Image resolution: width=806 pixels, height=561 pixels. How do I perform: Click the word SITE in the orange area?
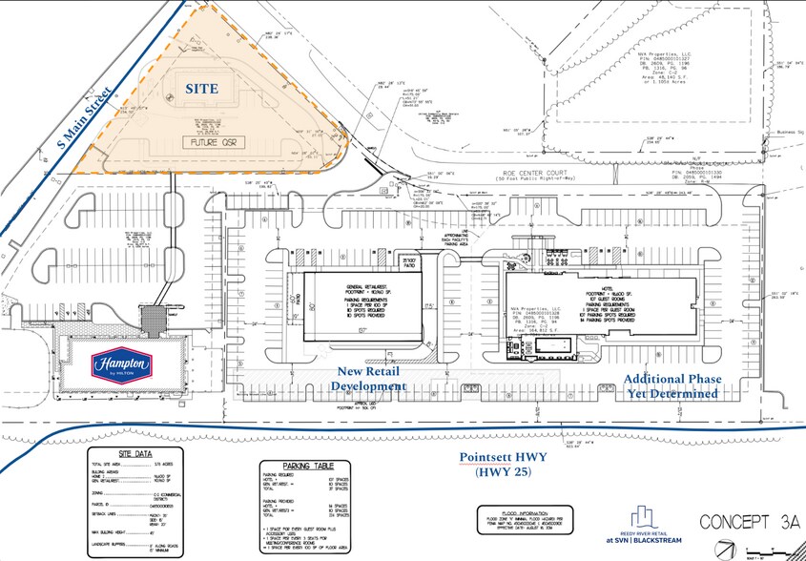[202, 89]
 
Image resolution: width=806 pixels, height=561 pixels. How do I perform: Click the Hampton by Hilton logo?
[121, 365]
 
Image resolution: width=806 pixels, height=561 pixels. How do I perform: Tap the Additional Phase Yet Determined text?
[671, 386]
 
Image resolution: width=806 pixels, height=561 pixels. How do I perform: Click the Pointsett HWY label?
[504, 457]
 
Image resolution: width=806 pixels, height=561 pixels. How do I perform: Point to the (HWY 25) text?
[504, 472]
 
